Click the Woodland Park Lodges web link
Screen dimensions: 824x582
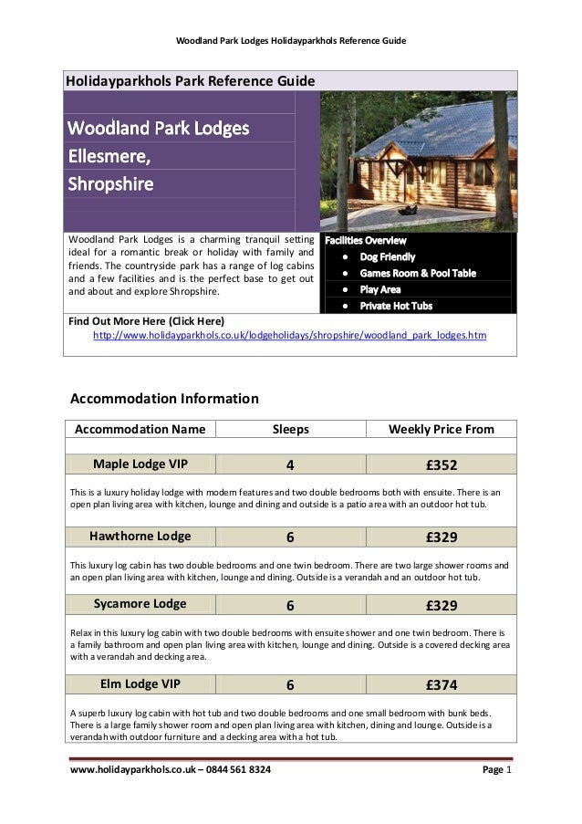pos(290,336)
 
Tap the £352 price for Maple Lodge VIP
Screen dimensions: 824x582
pos(442,464)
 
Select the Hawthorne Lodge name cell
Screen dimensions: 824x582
pos(140,536)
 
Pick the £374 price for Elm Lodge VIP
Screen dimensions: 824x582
pos(442,685)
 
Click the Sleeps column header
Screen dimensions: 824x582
pos(291,429)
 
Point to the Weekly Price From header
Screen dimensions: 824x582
pos(442,429)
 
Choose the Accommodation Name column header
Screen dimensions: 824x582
pos(140,429)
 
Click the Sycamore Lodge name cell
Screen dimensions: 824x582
pos(140,604)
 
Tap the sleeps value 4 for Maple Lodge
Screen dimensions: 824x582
pos(290,464)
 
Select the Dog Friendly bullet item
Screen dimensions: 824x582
pos(387,257)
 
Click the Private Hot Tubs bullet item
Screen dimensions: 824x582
pos(396,306)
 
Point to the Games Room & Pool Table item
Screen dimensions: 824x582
pos(417,273)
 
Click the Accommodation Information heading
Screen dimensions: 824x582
pos(164,399)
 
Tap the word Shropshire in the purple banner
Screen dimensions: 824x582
pos(111,183)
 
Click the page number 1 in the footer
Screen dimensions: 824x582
pos(509,772)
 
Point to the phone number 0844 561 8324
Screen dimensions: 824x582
pos(227,772)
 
